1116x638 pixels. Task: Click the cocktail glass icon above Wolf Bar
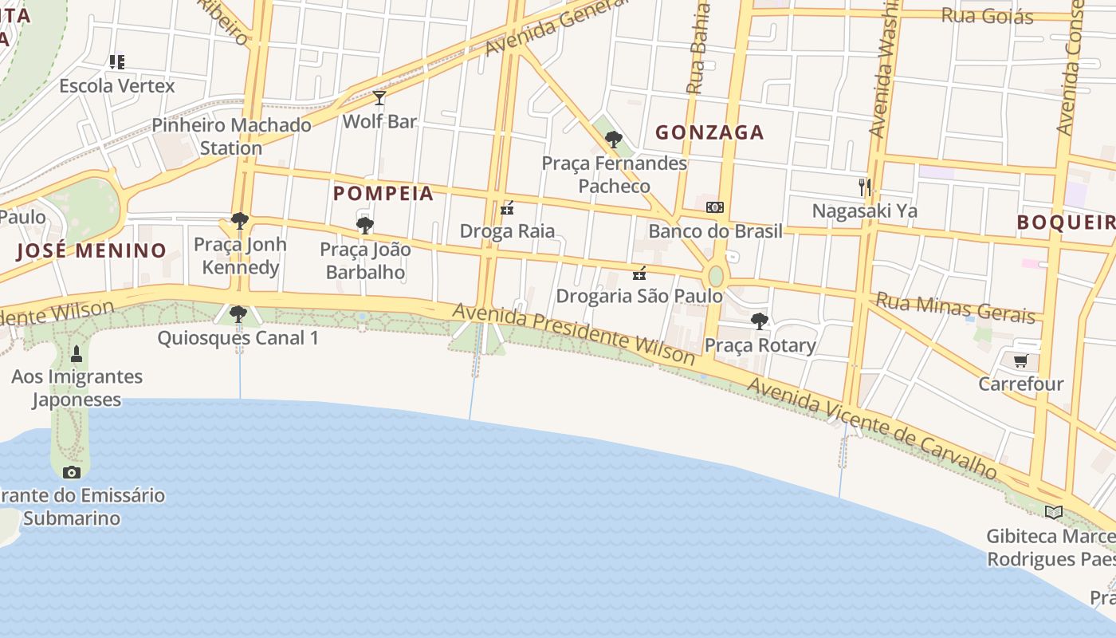point(379,98)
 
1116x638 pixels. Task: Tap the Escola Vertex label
point(116,85)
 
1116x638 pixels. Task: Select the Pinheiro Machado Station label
point(231,136)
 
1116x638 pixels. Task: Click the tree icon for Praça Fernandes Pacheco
point(613,140)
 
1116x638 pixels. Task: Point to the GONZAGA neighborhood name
point(709,132)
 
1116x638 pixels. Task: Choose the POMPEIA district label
point(383,193)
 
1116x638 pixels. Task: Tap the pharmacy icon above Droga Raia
point(506,210)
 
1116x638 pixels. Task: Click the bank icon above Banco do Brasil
point(715,207)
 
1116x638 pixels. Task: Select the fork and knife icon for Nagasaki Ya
point(864,187)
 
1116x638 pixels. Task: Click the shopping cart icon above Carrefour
point(1020,361)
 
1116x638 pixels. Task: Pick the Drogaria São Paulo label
point(639,296)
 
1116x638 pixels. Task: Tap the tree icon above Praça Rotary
point(760,321)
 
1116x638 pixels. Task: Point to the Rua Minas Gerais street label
point(955,307)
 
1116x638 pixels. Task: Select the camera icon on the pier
point(72,472)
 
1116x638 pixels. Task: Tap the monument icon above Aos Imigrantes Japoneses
point(77,353)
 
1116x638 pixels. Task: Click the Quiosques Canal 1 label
point(238,337)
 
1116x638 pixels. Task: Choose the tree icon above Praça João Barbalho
point(365,226)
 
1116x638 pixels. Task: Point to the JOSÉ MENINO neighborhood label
point(92,250)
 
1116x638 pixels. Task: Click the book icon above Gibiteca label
point(1054,512)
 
